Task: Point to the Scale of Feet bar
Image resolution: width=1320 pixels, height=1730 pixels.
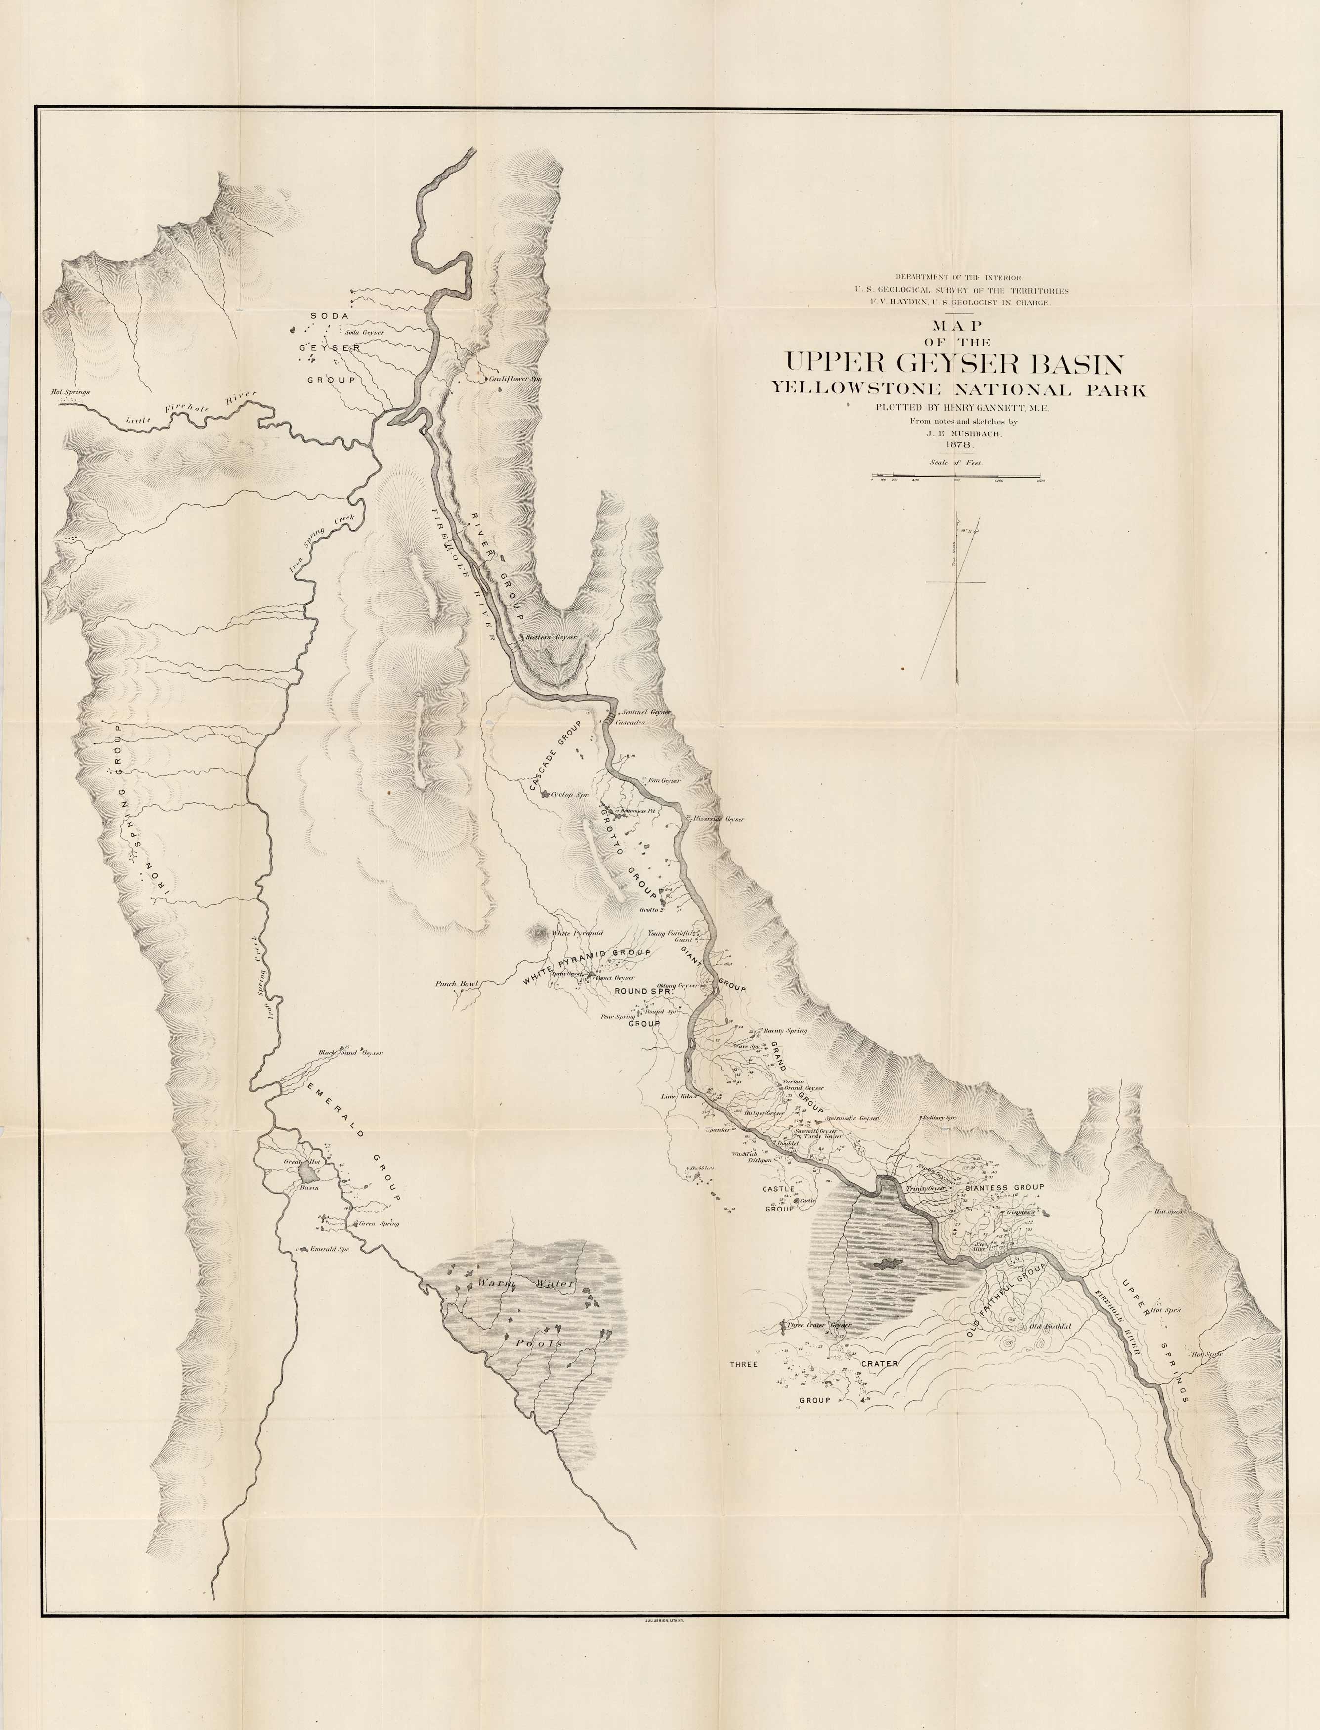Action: pyautogui.click(x=955, y=476)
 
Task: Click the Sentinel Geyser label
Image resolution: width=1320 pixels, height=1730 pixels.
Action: pyautogui.click(x=643, y=712)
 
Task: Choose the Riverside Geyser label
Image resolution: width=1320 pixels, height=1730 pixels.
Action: pyautogui.click(x=718, y=819)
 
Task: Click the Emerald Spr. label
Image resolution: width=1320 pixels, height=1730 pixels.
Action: pyautogui.click(x=329, y=1249)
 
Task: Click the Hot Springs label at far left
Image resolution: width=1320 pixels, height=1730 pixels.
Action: pyautogui.click(x=71, y=392)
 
